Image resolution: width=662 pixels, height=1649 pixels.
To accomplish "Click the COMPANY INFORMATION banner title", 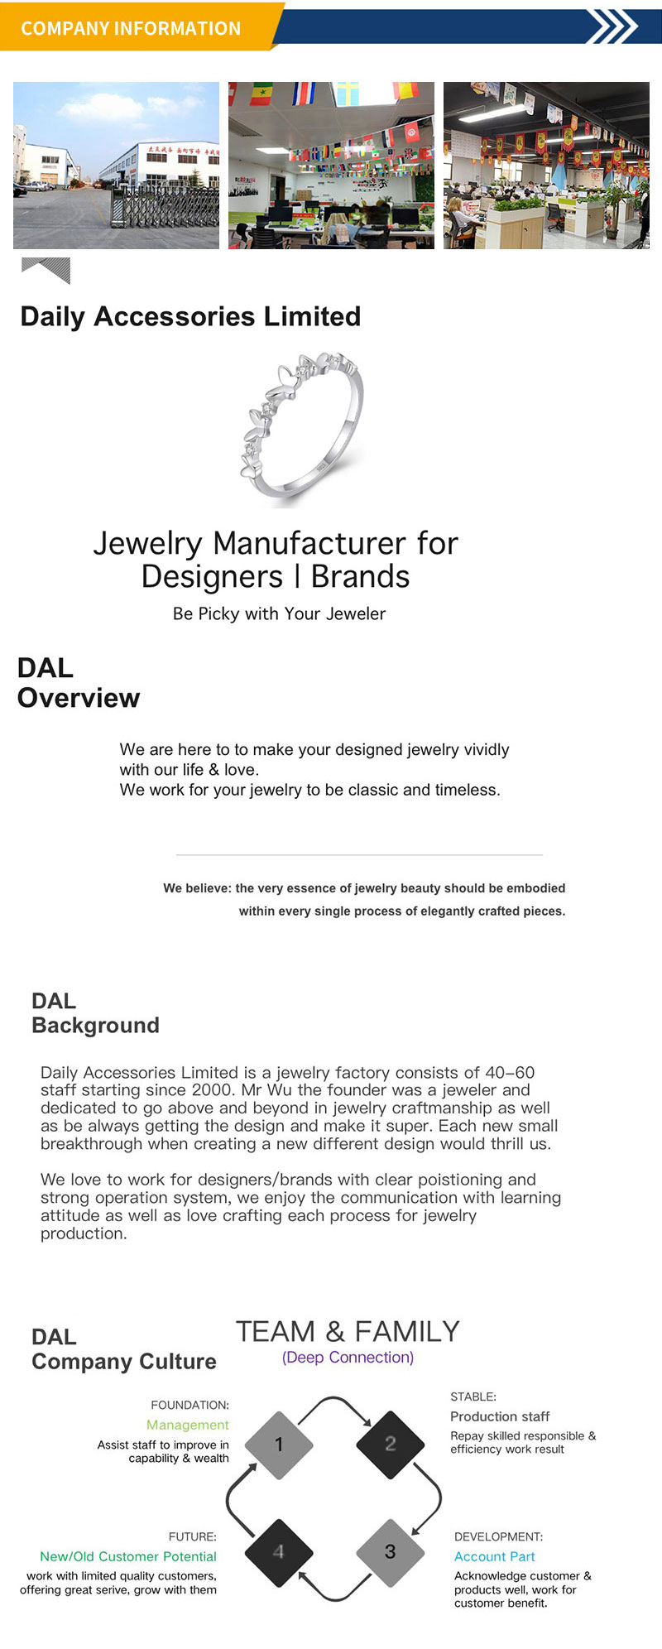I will [131, 28].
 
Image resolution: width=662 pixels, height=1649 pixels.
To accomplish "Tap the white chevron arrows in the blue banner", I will [612, 26].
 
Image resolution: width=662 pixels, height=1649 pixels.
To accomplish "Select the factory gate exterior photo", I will [116, 166].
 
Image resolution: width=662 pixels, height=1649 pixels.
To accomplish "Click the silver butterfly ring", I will [303, 425].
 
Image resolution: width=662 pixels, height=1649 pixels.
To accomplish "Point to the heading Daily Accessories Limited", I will [190, 316].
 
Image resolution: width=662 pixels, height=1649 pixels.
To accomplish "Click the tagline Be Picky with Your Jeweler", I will [279, 613].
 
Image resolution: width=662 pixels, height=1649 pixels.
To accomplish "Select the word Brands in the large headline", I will [360, 576].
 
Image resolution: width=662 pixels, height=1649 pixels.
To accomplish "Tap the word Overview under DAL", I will [79, 698].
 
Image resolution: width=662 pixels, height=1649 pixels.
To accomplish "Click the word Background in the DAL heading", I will [95, 1025].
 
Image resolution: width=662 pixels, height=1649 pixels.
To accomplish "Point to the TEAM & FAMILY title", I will [348, 1331].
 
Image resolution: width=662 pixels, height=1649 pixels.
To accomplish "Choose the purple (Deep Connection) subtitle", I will [348, 1358].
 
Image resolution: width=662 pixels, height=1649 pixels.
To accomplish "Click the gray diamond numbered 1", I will [279, 1445].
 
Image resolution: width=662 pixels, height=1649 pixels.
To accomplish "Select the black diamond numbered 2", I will [390, 1444].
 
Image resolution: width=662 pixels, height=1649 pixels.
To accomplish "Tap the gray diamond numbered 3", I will [390, 1552].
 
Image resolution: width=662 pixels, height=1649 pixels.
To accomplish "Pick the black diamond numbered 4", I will [279, 1552].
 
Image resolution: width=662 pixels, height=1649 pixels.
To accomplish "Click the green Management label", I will [188, 1425].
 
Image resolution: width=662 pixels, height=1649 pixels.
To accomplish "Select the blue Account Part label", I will [494, 1556].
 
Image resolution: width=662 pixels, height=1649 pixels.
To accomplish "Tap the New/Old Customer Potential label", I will [128, 1556].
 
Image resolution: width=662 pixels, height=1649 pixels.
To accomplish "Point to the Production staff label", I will [500, 1416].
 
